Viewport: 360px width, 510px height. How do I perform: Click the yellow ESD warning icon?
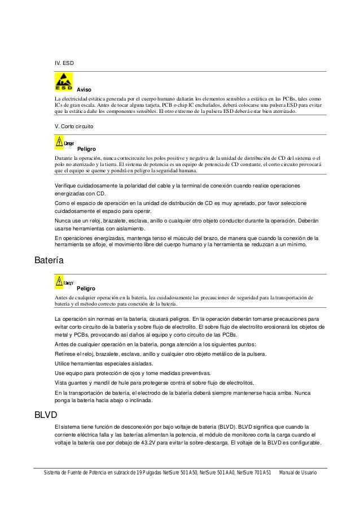(62, 84)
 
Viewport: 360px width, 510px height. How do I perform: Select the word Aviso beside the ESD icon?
(84, 90)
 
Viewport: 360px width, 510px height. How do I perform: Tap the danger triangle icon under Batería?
(59, 281)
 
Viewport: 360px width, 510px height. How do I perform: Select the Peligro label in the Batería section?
(86, 289)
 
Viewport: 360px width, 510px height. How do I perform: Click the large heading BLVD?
(46, 415)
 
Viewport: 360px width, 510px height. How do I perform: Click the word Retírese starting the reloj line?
(64, 355)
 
